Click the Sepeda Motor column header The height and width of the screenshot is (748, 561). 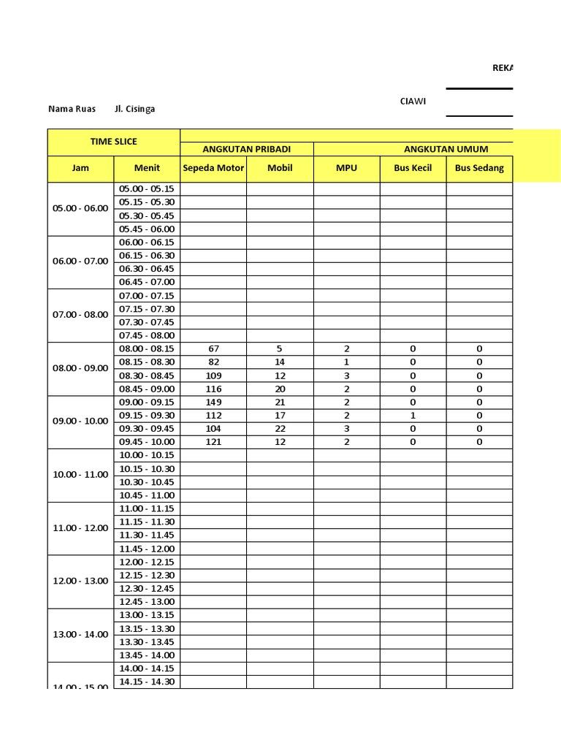click(x=213, y=168)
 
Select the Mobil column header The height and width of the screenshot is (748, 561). click(x=280, y=168)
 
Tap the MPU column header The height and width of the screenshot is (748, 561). click(x=346, y=168)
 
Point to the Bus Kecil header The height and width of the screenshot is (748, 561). click(x=413, y=168)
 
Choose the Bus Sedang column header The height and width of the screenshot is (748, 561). click(x=479, y=168)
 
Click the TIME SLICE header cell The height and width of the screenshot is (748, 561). click(x=113, y=142)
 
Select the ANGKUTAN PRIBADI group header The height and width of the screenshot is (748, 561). click(x=246, y=149)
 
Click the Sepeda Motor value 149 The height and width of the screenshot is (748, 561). click(x=213, y=402)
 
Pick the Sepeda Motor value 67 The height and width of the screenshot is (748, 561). click(x=213, y=349)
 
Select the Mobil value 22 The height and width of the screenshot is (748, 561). click(x=280, y=429)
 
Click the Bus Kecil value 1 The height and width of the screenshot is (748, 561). click(x=413, y=416)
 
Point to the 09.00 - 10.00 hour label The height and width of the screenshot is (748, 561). click(x=80, y=421)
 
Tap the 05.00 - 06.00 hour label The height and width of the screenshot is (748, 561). click(x=80, y=208)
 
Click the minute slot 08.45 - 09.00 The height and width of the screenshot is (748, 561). click(x=147, y=389)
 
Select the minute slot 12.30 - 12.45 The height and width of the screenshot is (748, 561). click(x=147, y=589)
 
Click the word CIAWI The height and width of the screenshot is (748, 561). click(x=413, y=102)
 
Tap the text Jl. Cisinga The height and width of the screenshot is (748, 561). click(x=134, y=110)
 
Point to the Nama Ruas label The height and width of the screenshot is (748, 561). click(x=72, y=110)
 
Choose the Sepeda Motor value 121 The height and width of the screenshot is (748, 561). click(x=213, y=442)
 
